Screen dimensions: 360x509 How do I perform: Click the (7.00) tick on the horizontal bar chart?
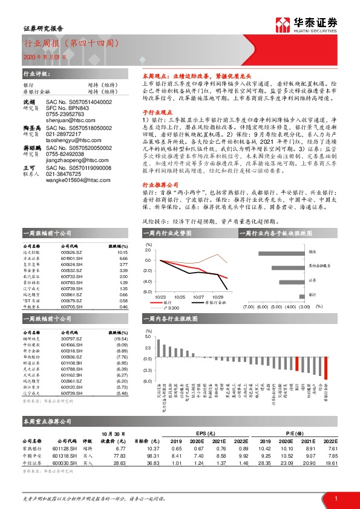(x=248, y=307)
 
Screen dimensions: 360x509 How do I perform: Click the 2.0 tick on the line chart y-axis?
(x=147, y=250)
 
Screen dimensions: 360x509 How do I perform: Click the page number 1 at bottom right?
(x=336, y=498)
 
